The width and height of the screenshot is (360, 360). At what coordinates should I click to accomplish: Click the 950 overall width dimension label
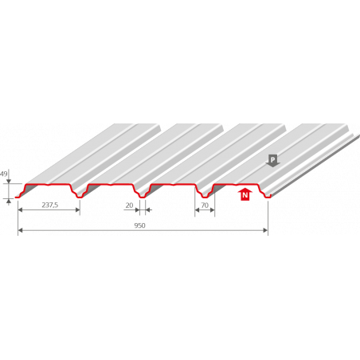coord(139,225)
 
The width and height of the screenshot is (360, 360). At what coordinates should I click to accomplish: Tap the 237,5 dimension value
coord(50,205)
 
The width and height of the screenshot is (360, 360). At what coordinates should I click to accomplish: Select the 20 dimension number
coord(129,205)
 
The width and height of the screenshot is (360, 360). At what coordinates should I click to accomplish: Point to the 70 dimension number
coord(205,205)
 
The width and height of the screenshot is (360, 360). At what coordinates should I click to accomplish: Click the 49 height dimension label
coord(4,174)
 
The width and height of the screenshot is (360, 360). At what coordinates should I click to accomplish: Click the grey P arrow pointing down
coord(272,161)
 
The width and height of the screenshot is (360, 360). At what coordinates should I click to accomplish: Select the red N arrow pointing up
coord(245,194)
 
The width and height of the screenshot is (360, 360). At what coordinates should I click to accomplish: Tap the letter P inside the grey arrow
coord(272,159)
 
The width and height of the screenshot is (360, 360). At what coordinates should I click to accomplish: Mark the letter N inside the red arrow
coord(245,196)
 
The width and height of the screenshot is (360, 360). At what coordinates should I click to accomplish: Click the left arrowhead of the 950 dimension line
coord(20,230)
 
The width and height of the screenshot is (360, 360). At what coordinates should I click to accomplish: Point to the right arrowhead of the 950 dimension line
coord(265,230)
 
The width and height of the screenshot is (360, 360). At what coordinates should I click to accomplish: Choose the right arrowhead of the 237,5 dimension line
coord(78,209)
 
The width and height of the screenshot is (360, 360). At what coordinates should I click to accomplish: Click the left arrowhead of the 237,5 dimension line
coord(20,209)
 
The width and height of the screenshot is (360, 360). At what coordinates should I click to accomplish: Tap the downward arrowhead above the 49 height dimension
coord(9,182)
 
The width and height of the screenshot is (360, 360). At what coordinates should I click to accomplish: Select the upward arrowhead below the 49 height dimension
coord(9,201)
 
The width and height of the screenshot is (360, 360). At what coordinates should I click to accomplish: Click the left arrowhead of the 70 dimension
coord(197,210)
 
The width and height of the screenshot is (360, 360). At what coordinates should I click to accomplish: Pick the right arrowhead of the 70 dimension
coord(213,210)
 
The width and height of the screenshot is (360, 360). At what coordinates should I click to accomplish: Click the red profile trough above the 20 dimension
coord(143,197)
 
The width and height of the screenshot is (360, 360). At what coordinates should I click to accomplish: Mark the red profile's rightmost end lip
coord(268,197)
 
